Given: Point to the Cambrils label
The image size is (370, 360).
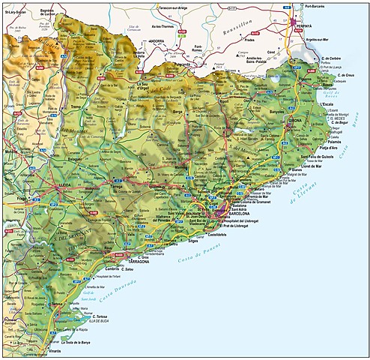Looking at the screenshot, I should [113, 267].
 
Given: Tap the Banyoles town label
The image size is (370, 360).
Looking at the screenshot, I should [278, 112].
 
